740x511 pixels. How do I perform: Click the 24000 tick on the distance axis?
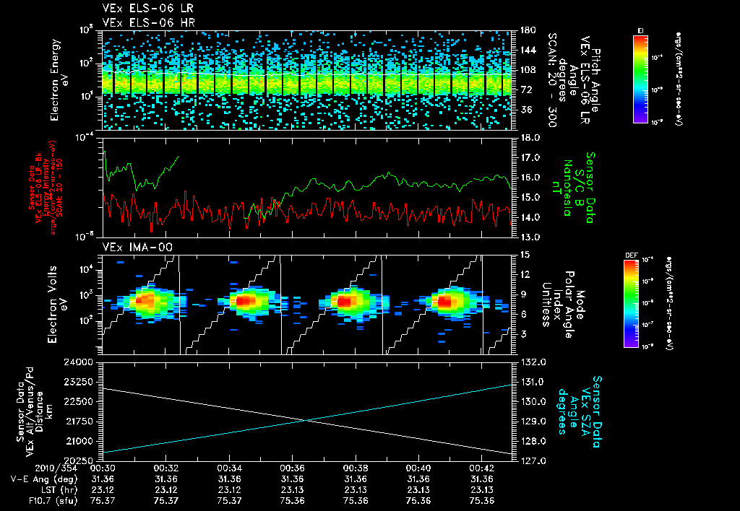click(x=79, y=362)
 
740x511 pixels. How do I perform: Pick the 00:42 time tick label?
click(x=481, y=468)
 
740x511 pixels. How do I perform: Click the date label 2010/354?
click(x=30, y=468)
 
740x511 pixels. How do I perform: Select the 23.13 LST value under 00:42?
click(x=481, y=489)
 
